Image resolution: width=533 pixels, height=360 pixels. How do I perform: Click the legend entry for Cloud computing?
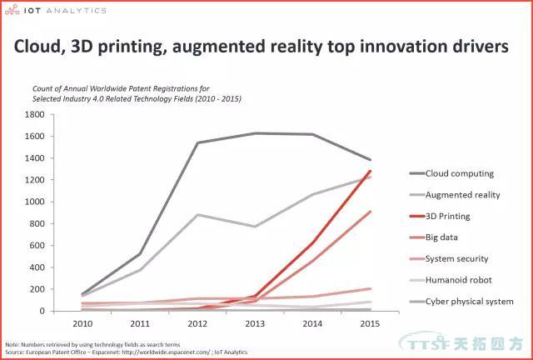(459, 173)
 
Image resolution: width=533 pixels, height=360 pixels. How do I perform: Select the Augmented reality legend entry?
(463, 194)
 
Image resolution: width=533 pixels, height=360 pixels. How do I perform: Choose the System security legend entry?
(457, 258)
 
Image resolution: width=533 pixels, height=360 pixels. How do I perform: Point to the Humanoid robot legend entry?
(458, 280)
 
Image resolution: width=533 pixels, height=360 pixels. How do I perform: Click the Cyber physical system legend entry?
(469, 301)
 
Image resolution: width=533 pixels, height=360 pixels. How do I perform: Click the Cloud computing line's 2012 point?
(197, 142)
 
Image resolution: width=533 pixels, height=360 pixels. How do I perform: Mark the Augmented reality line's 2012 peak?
(197, 214)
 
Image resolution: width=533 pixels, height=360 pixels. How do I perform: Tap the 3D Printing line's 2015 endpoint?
(371, 171)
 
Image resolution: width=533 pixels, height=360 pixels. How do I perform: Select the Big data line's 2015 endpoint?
(371, 212)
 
